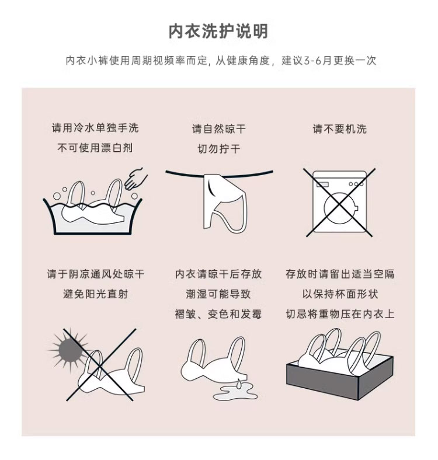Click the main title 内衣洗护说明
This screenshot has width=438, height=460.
pyautogui.click(x=218, y=31)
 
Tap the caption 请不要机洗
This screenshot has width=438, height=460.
pyautogui.click(x=340, y=129)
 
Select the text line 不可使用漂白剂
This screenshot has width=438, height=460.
pyautogui.click(x=95, y=148)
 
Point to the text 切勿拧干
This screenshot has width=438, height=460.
pyautogui.click(x=219, y=149)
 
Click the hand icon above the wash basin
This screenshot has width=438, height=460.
pyautogui.click(x=136, y=179)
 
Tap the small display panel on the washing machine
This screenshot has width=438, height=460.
pyautogui.click(x=322, y=184)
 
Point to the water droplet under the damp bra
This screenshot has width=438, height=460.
pyautogui.click(x=239, y=384)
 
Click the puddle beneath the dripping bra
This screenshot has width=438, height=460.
pyautogui.click(x=235, y=393)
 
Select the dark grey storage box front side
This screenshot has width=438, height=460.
pyautogui.click(x=322, y=381)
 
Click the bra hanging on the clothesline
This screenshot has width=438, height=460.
pyautogui.click(x=225, y=202)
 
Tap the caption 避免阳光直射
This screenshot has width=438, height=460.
pyautogui.click(x=95, y=294)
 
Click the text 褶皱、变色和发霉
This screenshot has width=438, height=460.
pyautogui.click(x=218, y=314)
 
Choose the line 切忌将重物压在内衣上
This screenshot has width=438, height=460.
pyautogui.click(x=340, y=314)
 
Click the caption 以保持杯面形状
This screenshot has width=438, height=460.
pyautogui.click(x=340, y=294)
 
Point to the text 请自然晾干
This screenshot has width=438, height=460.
pyautogui.click(x=218, y=129)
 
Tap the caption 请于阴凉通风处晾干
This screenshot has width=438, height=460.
pyautogui.click(x=95, y=274)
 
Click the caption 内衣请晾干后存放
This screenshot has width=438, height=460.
pyautogui.click(x=218, y=274)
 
